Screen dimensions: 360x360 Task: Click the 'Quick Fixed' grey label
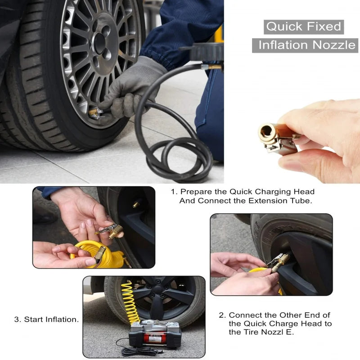pyautogui.click(x=304, y=27)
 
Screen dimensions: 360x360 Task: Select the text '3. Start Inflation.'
pyautogui.click(x=46, y=319)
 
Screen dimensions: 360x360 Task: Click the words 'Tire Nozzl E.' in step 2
pyautogui.click(x=266, y=333)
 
